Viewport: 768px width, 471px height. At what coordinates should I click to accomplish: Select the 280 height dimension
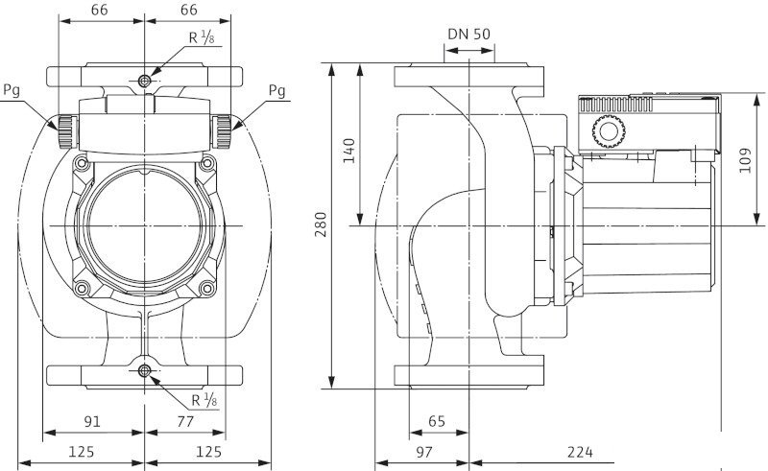pos(321,225)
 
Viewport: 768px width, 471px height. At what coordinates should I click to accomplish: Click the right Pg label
pos(276,92)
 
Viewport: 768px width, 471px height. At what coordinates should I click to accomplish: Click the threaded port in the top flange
pos(144,81)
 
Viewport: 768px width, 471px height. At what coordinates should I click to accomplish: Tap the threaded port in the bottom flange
pos(144,370)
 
